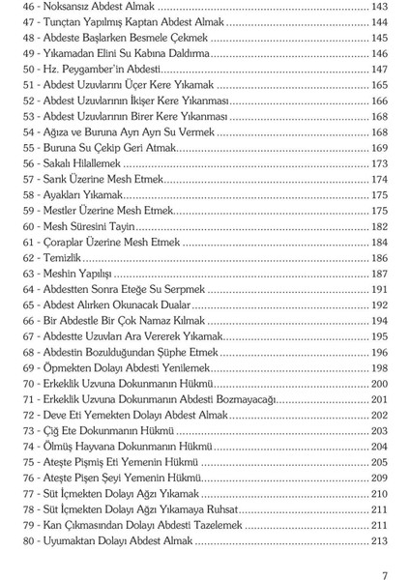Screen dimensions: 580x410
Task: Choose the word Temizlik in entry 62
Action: pyautogui.click(x=81, y=258)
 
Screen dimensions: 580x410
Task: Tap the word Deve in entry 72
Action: pyautogui.click(x=77, y=416)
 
